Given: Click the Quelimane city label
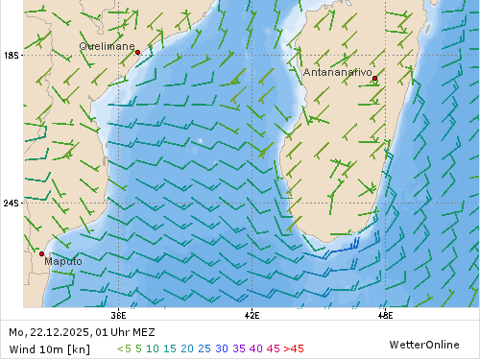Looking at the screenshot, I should (x=107, y=45).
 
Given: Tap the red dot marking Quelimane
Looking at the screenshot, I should (x=138, y=52).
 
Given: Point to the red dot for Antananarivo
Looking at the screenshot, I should (x=374, y=79).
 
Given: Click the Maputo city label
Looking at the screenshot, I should (x=62, y=261).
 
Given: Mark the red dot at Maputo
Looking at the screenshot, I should (x=41, y=253).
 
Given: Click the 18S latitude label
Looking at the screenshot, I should (x=12, y=56).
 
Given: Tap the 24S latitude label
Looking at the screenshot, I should (x=12, y=204).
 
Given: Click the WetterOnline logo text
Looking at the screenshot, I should (x=423, y=344).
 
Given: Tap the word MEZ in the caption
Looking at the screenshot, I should (x=140, y=332).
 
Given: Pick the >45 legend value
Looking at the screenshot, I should (x=294, y=348).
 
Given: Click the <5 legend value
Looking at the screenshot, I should (x=123, y=348).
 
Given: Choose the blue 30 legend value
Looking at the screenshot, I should (x=222, y=348).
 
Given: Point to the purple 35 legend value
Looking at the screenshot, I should (x=239, y=348).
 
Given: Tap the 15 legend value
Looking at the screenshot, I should (x=170, y=348).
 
